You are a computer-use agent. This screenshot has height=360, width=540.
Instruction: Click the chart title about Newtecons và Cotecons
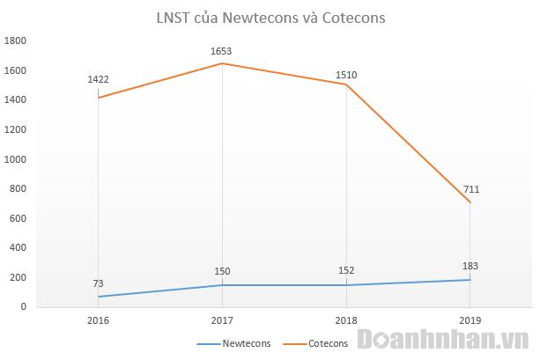tap(270, 17)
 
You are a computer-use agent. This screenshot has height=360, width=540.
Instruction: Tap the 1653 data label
tap(222, 51)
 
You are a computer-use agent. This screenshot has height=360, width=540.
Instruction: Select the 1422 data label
tap(98, 80)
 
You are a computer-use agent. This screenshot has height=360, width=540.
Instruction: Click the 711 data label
tap(470, 189)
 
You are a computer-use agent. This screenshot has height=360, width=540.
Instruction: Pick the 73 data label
tap(98, 283)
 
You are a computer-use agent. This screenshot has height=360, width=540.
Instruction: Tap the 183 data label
tap(470, 266)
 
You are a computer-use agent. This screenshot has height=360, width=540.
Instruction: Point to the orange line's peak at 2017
tap(222, 63)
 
